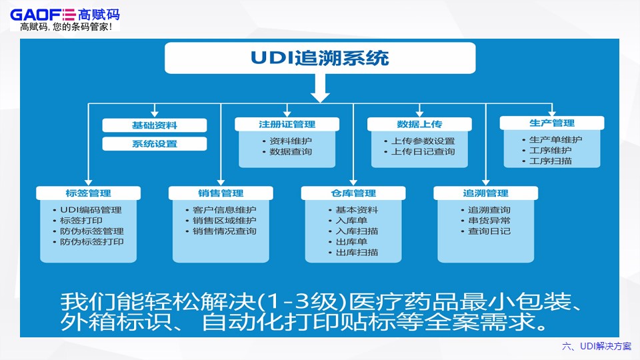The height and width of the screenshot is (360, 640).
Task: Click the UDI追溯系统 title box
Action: (320, 58)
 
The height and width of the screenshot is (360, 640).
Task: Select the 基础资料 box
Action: (154, 125)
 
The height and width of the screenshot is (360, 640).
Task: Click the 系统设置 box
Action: (154, 143)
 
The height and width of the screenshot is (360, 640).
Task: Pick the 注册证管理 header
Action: (287, 124)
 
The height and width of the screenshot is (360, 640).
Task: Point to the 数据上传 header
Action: (419, 124)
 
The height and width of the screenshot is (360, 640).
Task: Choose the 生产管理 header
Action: (551, 123)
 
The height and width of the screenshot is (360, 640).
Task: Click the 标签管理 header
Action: (89, 193)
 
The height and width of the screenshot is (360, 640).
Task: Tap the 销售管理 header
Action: (221, 193)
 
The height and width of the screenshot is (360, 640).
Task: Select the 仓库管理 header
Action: (353, 193)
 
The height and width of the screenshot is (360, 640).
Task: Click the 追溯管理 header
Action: (485, 193)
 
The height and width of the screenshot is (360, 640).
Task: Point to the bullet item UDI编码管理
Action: (91, 209)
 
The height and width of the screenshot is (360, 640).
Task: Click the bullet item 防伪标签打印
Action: (92, 242)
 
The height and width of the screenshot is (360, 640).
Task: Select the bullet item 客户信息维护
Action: (224, 209)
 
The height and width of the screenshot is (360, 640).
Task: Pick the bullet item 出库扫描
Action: (357, 253)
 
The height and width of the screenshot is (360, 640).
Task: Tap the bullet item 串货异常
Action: (489, 221)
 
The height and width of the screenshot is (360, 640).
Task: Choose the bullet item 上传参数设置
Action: (423, 141)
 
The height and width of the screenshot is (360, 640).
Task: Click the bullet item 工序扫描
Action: (550, 161)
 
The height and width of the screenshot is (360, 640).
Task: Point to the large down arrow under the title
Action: (321, 88)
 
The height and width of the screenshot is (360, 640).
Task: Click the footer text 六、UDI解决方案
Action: (597, 346)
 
